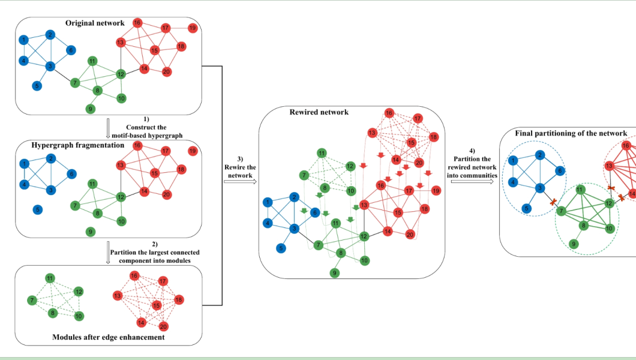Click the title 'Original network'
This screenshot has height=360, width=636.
pos(95,23)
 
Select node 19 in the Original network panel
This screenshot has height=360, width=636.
pos(193,28)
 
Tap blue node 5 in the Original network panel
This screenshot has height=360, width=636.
pos(37,86)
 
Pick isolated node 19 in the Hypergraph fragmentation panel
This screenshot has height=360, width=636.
pos(193,151)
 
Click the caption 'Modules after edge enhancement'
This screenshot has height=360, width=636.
pos(109,337)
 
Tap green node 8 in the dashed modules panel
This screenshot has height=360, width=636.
pos(53,313)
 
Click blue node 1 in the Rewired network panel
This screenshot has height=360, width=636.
pos(268,202)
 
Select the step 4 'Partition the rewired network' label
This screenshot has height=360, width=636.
pos(472,159)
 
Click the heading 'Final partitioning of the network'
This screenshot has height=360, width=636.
pos(571,133)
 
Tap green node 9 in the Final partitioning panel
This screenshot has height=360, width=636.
pos(574,244)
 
